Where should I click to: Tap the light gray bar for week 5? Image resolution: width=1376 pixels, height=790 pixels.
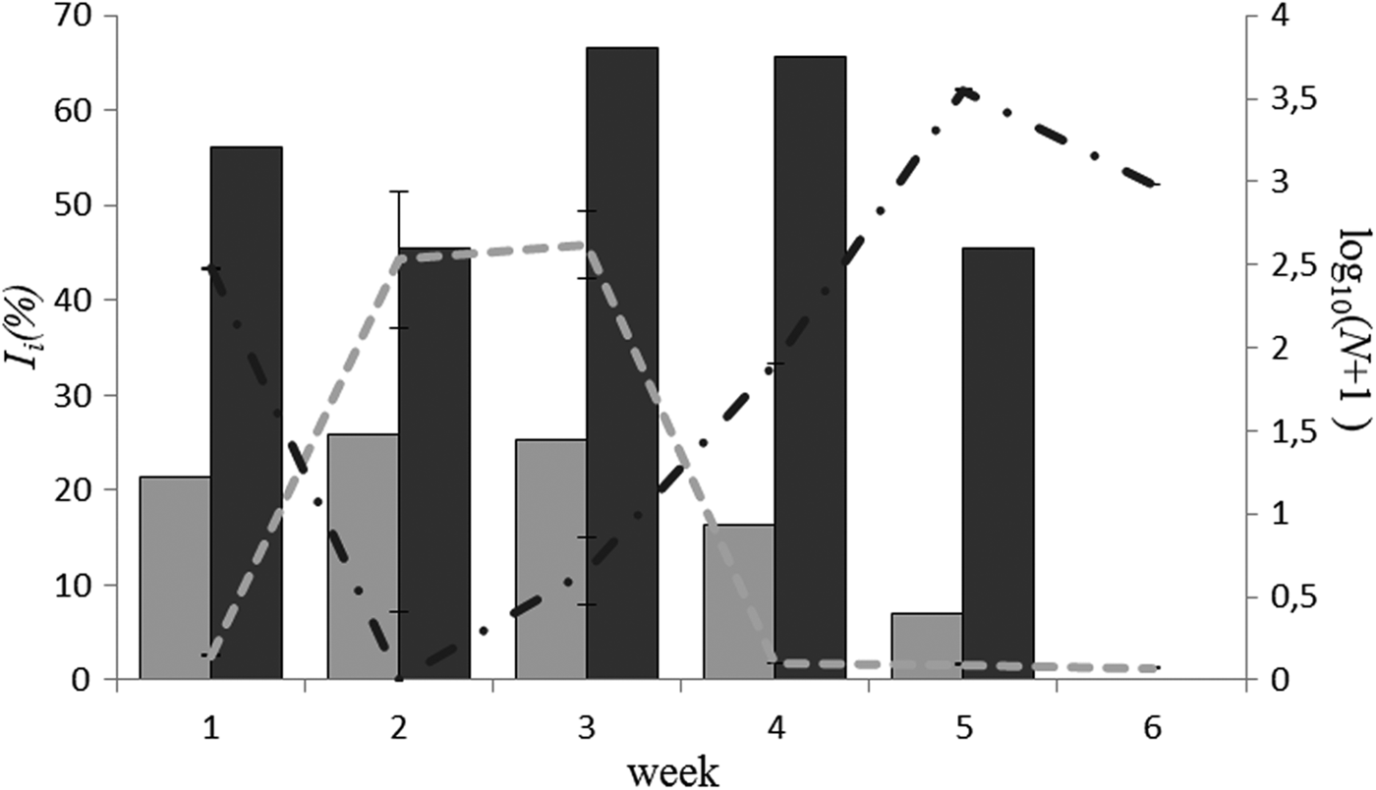tap(927, 646)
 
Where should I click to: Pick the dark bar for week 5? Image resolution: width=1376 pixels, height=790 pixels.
tap(998, 463)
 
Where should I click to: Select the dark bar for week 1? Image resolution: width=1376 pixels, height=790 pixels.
tap(247, 413)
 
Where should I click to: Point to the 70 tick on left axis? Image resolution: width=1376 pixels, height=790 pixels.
tap(76, 18)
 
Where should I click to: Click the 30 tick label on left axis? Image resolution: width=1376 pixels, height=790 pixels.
tap(76, 396)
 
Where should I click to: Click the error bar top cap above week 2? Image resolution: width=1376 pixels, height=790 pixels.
tap(399, 192)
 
